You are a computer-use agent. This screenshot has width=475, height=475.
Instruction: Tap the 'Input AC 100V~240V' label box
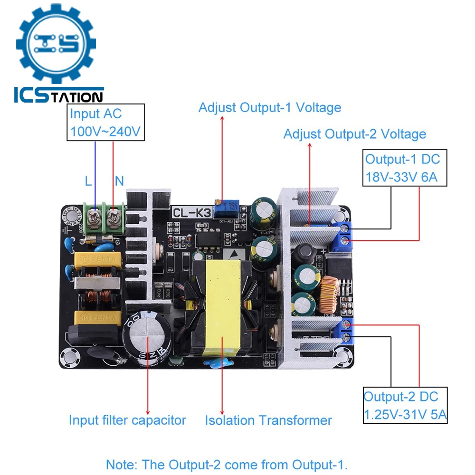[105, 123]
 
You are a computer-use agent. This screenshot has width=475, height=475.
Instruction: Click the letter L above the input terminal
[88, 181]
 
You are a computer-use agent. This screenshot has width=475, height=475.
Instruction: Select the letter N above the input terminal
[119, 181]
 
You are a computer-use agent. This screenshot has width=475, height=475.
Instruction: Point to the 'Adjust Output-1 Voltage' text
[270, 108]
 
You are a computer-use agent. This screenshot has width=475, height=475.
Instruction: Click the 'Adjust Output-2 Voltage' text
[354, 134]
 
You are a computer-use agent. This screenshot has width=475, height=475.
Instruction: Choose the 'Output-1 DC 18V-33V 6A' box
[402, 168]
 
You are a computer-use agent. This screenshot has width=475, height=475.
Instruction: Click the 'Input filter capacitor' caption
[127, 420]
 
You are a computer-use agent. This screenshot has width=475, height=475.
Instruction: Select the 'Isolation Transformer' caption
[268, 420]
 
